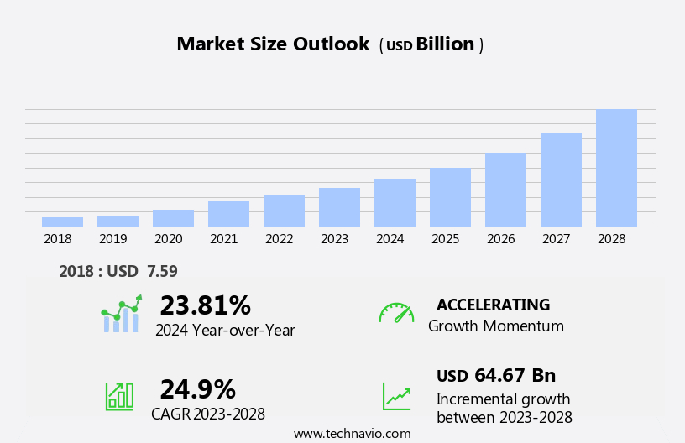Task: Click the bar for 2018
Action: [x=62, y=221]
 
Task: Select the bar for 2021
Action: [x=228, y=214]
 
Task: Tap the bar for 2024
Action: [x=395, y=202]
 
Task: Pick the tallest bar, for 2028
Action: [x=616, y=168]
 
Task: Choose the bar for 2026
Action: [x=505, y=190]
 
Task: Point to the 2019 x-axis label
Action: [x=112, y=239]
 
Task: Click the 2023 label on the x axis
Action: [x=334, y=239]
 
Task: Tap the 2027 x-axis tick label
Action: [x=556, y=239]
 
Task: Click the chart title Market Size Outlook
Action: [x=273, y=44]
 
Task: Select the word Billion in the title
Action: [x=445, y=44]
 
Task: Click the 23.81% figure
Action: [x=205, y=305]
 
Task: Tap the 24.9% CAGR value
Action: [x=197, y=389]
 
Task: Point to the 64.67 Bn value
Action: [x=515, y=376]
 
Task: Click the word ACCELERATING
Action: [x=493, y=305]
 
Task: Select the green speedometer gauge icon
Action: [x=396, y=313]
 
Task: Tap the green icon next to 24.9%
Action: [x=119, y=395]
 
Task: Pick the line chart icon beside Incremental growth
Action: [x=396, y=396]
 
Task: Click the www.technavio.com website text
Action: [x=352, y=434]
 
